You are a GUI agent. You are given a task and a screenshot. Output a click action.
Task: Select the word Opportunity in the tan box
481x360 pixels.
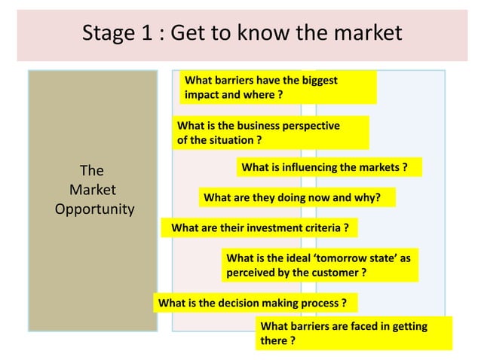click(x=94, y=209)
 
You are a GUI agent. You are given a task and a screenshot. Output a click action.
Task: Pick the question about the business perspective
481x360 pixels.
click(x=271, y=133)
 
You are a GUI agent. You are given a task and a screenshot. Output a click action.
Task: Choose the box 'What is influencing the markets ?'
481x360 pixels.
click(x=329, y=166)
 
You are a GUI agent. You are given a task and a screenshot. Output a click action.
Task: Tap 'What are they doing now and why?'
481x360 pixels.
click(x=296, y=198)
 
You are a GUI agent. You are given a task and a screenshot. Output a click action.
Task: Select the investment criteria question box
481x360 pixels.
click(x=260, y=227)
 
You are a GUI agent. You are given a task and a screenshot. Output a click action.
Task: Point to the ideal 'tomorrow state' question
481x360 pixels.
click(x=320, y=265)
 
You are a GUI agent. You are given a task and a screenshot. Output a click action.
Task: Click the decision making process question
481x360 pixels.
click(x=253, y=304)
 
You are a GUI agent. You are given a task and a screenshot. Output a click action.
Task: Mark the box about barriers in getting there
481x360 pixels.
click(x=354, y=334)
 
